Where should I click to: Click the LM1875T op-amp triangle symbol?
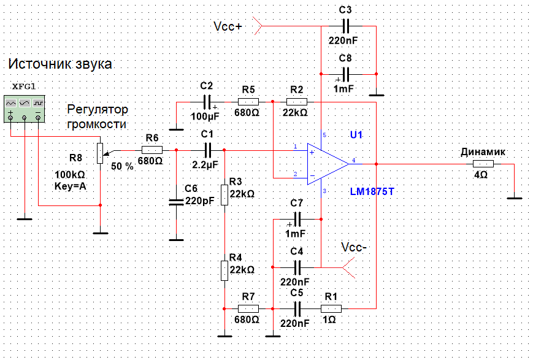pos(327,164)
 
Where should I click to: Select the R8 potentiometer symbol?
pos(100,153)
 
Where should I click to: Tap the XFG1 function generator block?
pos(24,109)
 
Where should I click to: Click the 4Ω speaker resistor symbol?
pos(483,164)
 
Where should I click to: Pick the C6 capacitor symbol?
pos(176,202)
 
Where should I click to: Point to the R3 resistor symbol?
pos(224,195)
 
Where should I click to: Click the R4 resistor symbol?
pos(224,270)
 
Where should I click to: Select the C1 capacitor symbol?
pos(208,150)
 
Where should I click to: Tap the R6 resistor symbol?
pos(152,150)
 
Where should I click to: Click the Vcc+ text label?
pos(228,26)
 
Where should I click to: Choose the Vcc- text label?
pos(354,247)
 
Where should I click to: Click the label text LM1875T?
pos(372,192)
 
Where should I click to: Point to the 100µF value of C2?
pos(205,117)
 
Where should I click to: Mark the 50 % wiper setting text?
pos(123,166)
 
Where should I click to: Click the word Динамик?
pos(483,152)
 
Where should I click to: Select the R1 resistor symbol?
pos(331,308)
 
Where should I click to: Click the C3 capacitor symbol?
pos(345,26)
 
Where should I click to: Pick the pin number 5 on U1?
pos(324,136)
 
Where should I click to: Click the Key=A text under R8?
pos(71,186)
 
